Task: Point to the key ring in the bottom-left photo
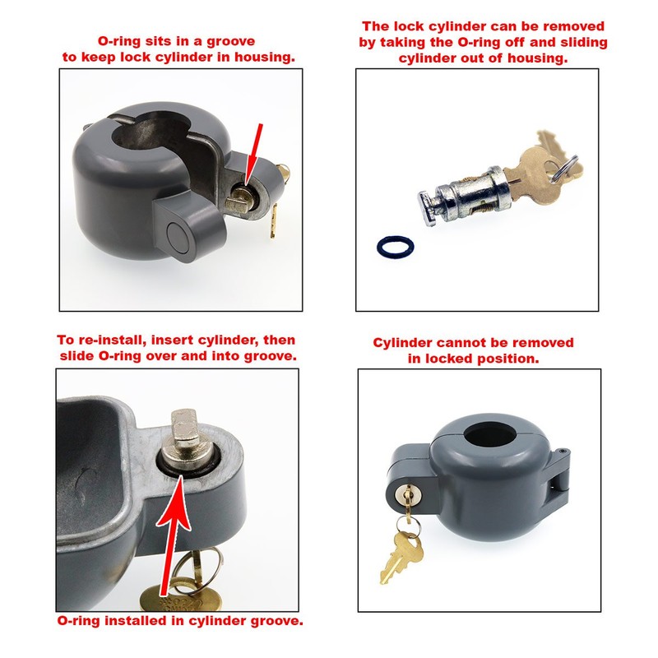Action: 197,568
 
